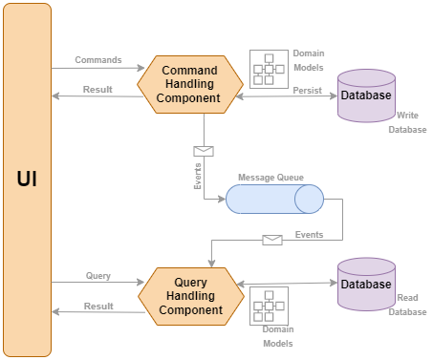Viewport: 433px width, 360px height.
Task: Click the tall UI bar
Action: click(x=28, y=179)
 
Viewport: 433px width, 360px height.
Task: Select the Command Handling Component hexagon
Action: click(x=189, y=84)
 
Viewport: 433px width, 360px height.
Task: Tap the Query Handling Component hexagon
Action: click(x=189, y=296)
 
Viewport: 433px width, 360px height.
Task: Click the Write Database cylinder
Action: click(x=366, y=95)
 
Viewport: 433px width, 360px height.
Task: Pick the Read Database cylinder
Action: click(x=366, y=284)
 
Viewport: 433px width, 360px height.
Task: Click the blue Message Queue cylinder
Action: click(x=274, y=199)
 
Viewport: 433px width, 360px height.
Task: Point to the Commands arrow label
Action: click(x=97, y=60)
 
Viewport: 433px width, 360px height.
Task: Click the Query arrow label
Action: click(x=97, y=275)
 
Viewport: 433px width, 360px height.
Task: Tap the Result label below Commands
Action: click(x=97, y=90)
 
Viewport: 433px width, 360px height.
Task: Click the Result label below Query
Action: click(x=97, y=306)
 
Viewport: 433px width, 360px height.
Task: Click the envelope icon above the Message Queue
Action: click(x=203, y=151)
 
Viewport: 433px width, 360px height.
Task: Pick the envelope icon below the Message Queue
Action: click(x=272, y=240)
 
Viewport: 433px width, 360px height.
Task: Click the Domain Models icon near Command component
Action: click(x=268, y=69)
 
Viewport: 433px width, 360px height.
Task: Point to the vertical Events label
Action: click(x=197, y=177)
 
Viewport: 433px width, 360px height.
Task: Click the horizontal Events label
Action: click(x=308, y=233)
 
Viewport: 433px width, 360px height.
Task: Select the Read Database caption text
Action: click(x=406, y=305)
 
